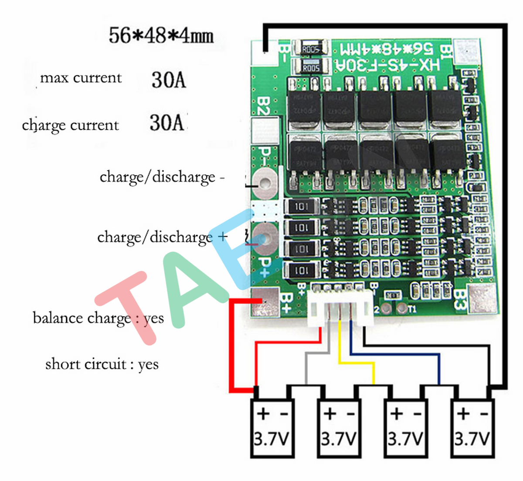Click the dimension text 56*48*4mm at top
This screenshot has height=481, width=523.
pyautogui.click(x=161, y=35)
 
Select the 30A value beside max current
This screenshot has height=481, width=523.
pyautogui.click(x=169, y=79)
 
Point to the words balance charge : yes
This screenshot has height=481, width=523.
pyautogui.click(x=98, y=318)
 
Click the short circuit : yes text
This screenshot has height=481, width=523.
pyautogui.click(x=102, y=364)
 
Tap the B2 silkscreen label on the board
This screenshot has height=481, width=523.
pyautogui.click(x=264, y=106)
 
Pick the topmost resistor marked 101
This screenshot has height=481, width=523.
pyautogui.click(x=301, y=206)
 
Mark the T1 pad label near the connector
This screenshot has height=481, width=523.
pyautogui.click(x=412, y=309)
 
